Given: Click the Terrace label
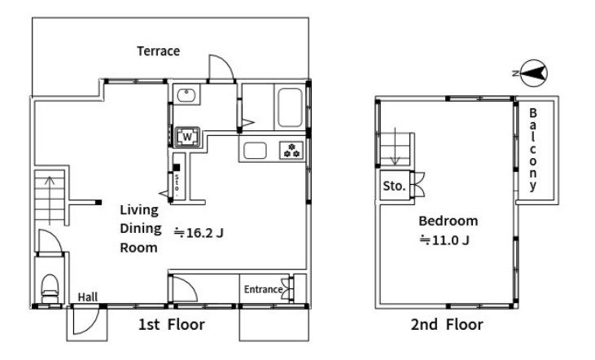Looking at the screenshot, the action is pyautogui.click(x=158, y=50).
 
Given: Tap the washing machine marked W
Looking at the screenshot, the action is pyautogui.click(x=187, y=137).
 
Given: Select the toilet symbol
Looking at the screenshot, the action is pyautogui.click(x=50, y=288).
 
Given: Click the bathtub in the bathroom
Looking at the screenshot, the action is pyautogui.click(x=291, y=108).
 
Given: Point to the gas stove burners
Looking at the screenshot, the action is pyautogui.click(x=291, y=150).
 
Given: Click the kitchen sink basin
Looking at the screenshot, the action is pyautogui.click(x=255, y=151).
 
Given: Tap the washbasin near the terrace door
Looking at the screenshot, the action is pyautogui.click(x=186, y=95).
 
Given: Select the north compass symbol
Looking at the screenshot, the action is pyautogui.click(x=532, y=73).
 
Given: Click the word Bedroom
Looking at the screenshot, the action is pyautogui.click(x=448, y=221).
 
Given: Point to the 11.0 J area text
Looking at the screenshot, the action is pyautogui.click(x=444, y=240).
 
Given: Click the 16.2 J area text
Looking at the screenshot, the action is pyautogui.click(x=199, y=232).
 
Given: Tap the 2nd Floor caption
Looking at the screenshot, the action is pyautogui.click(x=447, y=325).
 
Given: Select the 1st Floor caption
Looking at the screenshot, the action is pyautogui.click(x=172, y=325).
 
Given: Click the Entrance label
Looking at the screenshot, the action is pyautogui.click(x=263, y=289).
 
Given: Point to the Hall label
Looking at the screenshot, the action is pyautogui.click(x=88, y=297).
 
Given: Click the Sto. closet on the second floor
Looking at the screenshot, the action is pyautogui.click(x=395, y=186).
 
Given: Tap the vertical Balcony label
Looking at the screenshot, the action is pyautogui.click(x=533, y=149).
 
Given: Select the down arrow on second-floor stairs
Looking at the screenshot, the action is pyautogui.click(x=396, y=147).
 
